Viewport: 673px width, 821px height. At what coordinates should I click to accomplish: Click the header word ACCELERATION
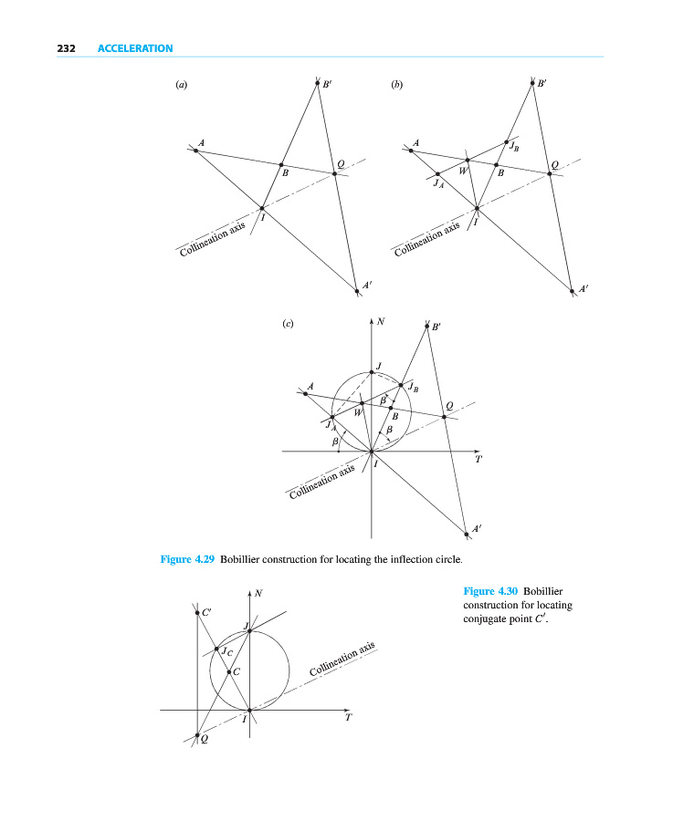point(135,48)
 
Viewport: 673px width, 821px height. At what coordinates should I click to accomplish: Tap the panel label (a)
point(181,85)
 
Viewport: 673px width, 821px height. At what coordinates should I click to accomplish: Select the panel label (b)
point(396,85)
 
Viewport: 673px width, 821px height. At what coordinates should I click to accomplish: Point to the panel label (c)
point(288,323)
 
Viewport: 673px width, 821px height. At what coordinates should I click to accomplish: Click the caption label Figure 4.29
point(187,559)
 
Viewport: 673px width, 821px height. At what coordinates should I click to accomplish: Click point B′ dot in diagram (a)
point(316,83)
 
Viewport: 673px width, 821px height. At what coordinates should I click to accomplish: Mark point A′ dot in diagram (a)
point(357,291)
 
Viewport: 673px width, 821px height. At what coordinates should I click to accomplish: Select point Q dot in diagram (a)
point(334,173)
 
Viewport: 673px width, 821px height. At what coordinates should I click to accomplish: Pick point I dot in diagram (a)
point(262,209)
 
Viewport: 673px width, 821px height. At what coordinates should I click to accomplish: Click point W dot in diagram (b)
point(468,160)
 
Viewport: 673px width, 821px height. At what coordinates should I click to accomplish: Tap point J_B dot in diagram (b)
point(507,142)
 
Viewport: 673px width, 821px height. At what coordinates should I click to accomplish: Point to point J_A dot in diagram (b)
point(438,174)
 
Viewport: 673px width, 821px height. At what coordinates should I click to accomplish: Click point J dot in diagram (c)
point(372,371)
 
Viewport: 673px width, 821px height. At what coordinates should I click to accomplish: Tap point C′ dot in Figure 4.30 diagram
point(197,613)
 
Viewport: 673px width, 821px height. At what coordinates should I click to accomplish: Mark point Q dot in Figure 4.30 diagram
point(197,735)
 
